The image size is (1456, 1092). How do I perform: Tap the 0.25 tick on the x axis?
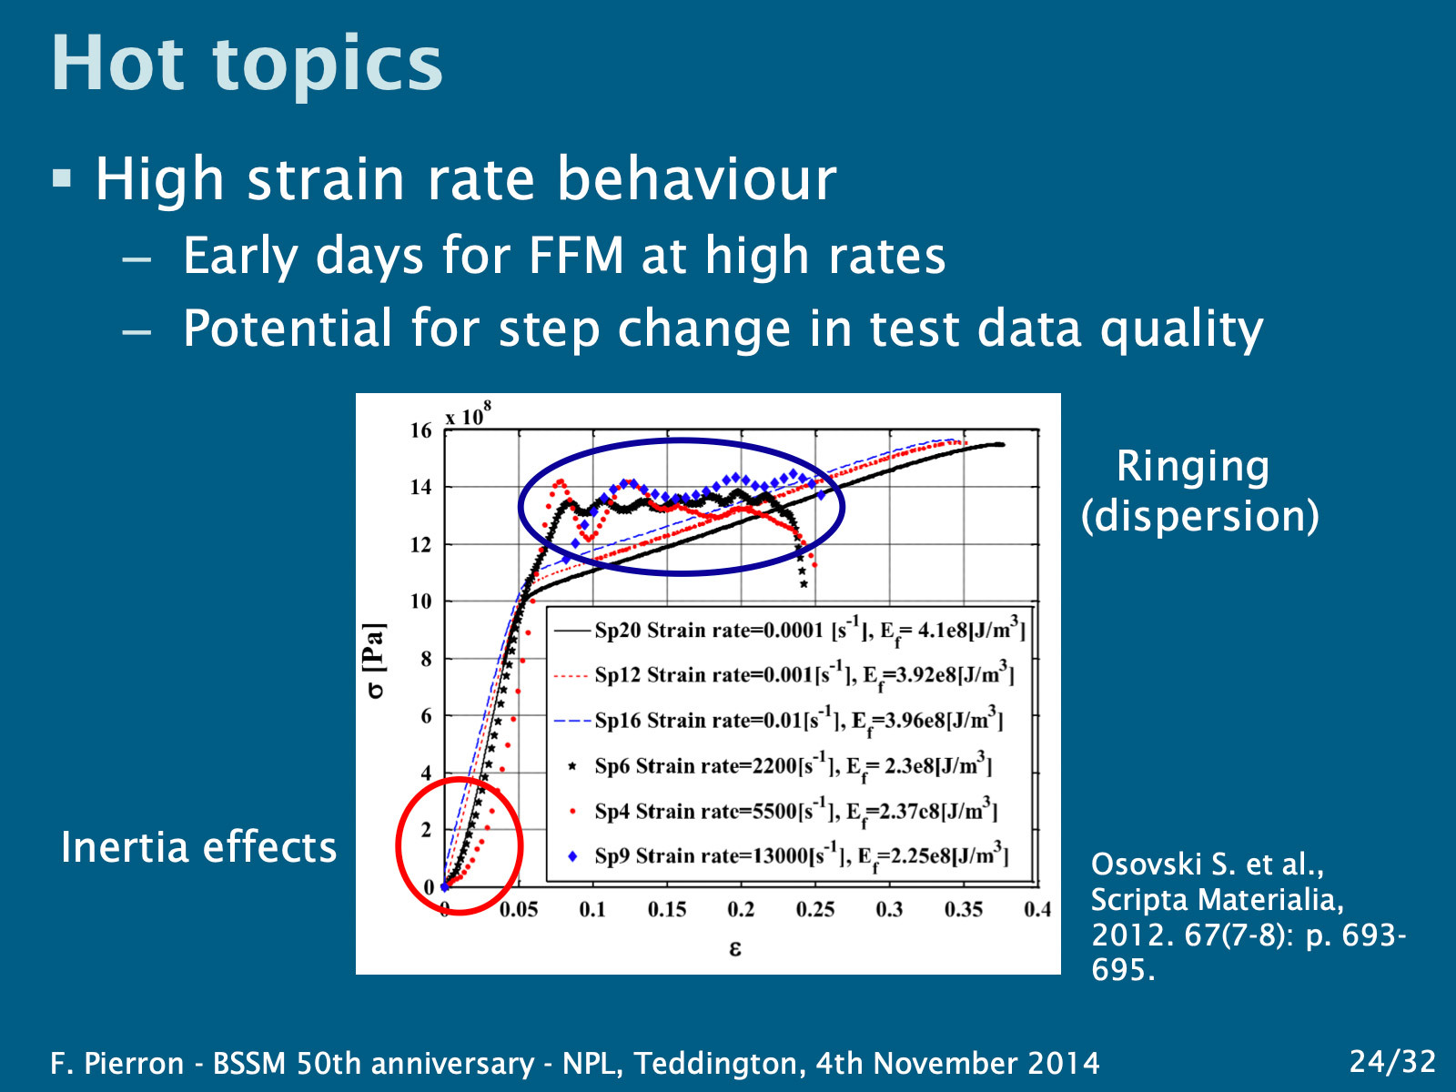(x=814, y=909)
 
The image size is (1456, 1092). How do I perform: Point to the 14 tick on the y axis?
(x=420, y=487)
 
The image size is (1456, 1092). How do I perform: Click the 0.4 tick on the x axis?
(x=1036, y=909)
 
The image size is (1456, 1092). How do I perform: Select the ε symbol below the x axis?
(x=735, y=949)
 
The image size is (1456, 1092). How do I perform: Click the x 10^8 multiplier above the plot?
(x=468, y=415)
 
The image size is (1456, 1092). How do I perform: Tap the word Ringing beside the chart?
(x=1192, y=467)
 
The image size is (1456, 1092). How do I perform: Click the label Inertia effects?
(x=198, y=847)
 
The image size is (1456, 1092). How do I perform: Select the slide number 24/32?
(x=1391, y=1061)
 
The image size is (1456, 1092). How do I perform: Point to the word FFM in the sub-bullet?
(x=576, y=256)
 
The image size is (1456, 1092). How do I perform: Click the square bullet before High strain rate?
(x=62, y=177)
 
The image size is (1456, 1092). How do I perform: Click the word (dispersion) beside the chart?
(x=1199, y=516)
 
